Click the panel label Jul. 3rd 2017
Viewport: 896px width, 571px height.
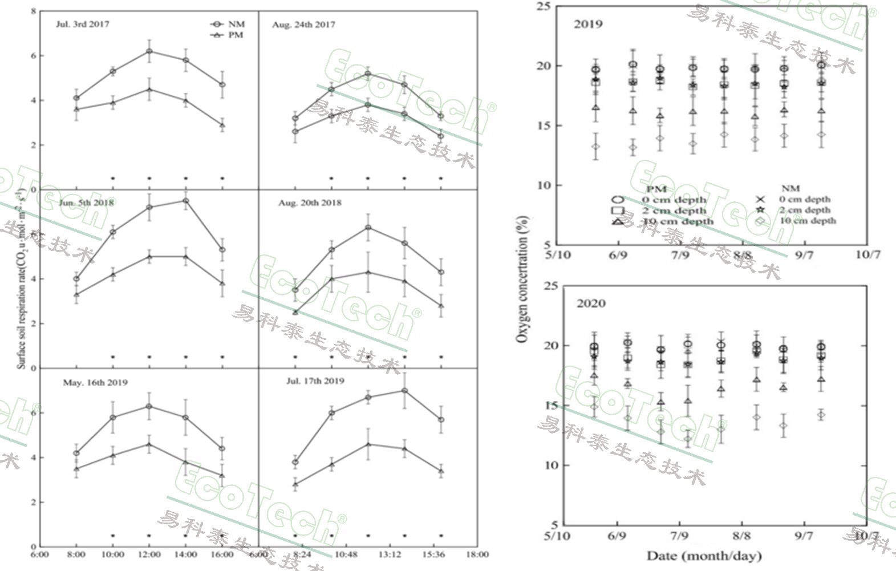(82, 25)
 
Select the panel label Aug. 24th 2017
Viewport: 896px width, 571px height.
(303, 25)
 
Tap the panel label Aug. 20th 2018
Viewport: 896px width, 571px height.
(310, 203)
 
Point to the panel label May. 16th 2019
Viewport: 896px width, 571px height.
(95, 382)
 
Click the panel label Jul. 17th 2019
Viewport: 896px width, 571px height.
(315, 381)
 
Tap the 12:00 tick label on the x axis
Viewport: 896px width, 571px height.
(149, 554)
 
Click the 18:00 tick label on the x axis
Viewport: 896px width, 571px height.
(477, 554)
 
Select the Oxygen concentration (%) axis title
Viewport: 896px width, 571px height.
(521, 280)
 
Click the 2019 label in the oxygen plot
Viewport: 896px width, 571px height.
(587, 25)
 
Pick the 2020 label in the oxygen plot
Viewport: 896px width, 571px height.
(590, 303)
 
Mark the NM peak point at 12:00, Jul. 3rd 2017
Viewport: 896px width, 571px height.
(149, 51)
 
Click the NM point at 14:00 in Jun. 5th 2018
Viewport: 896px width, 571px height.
(186, 201)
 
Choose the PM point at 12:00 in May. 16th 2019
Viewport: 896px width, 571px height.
(149, 444)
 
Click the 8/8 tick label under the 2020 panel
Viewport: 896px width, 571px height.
(741, 537)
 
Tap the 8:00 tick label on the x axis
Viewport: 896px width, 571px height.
(76, 554)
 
